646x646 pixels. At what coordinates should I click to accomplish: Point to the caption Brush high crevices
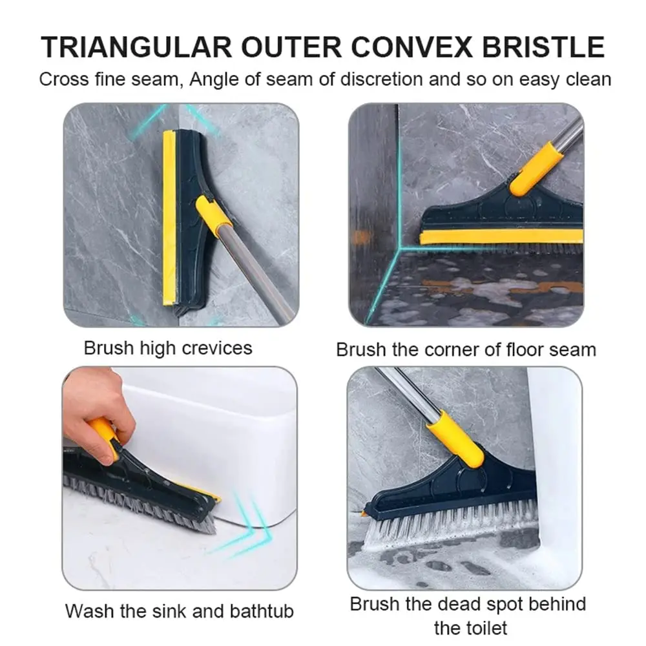pos(168,348)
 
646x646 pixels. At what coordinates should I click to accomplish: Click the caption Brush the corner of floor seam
pos(466,349)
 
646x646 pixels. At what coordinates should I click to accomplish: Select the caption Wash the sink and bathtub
pos(180,610)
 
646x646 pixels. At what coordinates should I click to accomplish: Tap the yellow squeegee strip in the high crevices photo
pos(169,216)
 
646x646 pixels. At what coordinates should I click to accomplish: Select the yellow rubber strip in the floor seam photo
pos(501,237)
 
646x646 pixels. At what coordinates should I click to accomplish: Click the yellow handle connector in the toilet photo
pos(455,439)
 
